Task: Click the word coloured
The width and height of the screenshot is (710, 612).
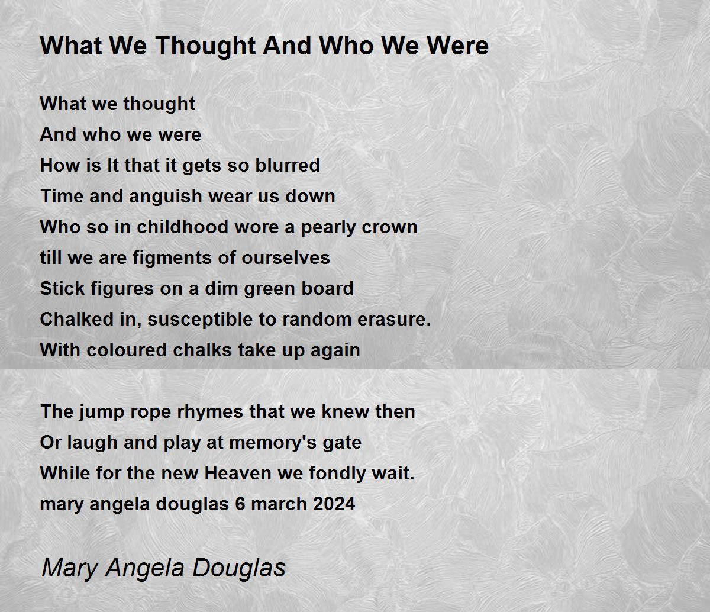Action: click(x=127, y=350)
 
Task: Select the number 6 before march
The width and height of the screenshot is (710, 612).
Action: click(x=240, y=504)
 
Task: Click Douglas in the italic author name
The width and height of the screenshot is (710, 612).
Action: click(x=239, y=568)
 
